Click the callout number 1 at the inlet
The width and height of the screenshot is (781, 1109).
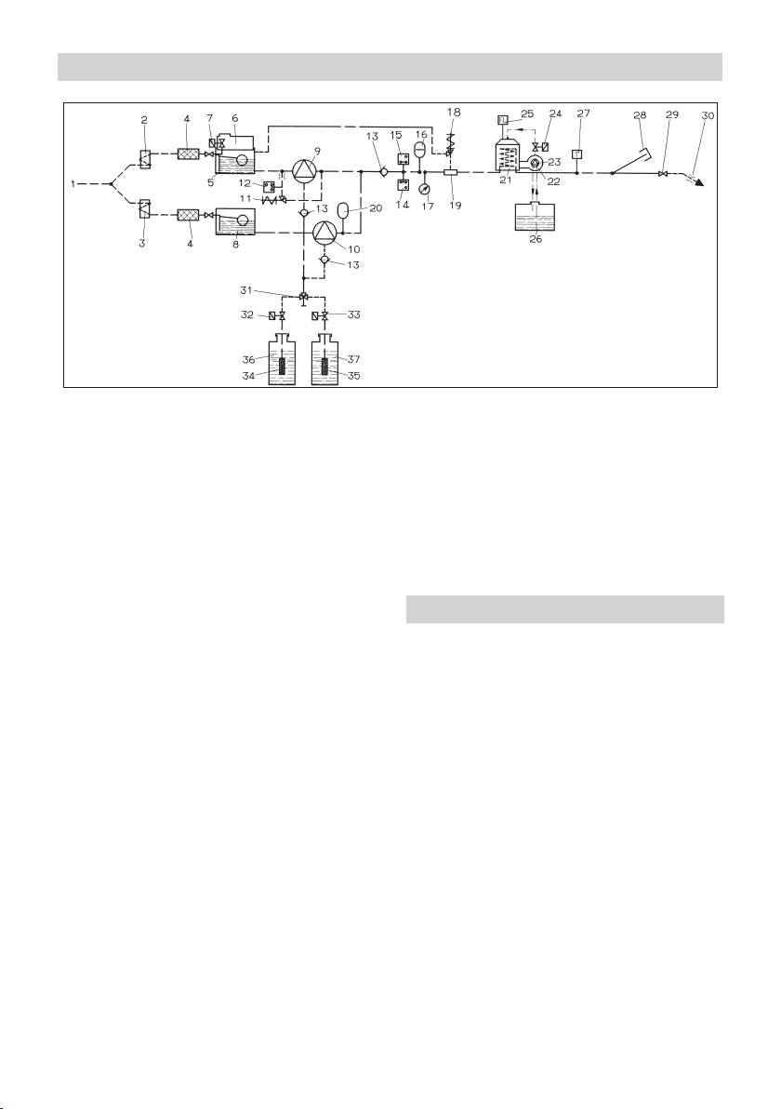(x=72, y=183)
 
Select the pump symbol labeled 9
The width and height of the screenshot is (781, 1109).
(x=304, y=171)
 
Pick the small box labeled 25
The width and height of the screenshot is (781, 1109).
(x=502, y=118)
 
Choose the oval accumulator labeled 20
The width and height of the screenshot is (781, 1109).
(x=342, y=212)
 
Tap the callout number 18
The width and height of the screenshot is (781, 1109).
(x=455, y=111)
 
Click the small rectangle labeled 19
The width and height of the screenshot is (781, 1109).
(x=449, y=172)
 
